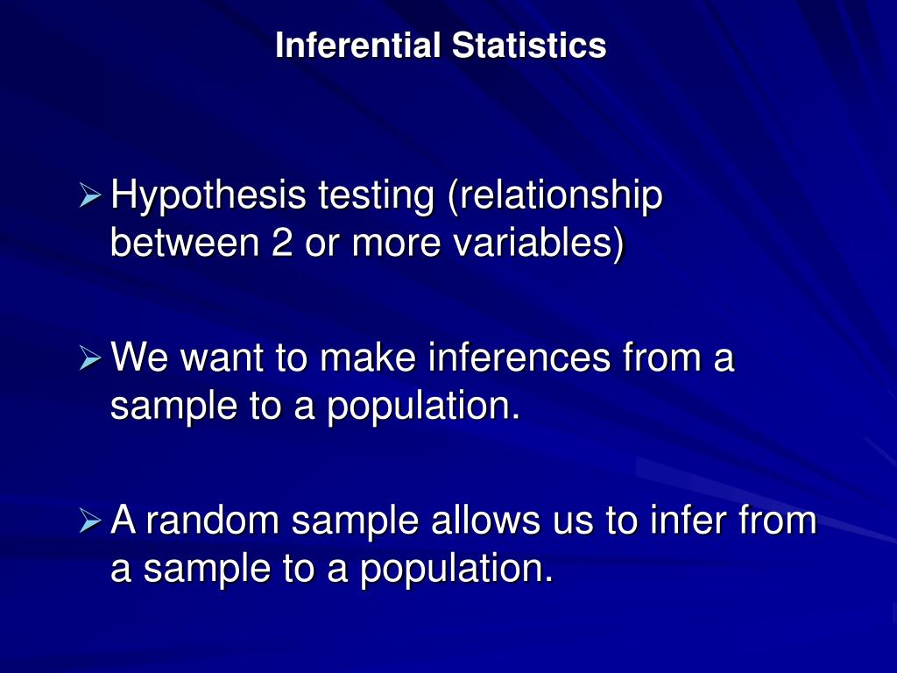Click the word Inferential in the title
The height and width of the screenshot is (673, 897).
coord(359,46)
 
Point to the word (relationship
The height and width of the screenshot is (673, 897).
coord(554,196)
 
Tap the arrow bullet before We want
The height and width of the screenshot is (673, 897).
coord(90,358)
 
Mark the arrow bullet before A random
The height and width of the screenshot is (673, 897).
coord(90,522)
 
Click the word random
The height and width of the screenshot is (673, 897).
coord(213,521)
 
